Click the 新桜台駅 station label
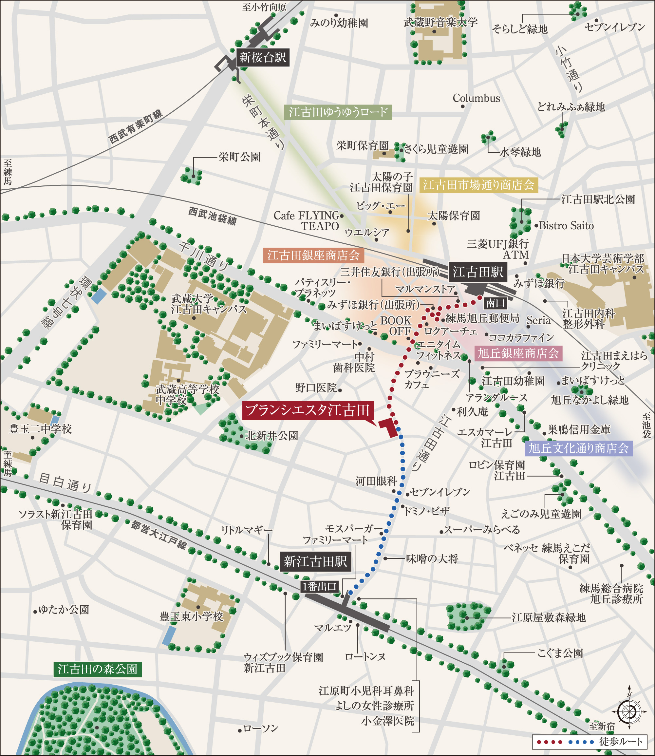(263, 57)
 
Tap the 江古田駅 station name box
(478, 272)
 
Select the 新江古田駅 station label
(315, 561)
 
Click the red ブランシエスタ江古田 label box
(308, 410)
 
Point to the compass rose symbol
(629, 711)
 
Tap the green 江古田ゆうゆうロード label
(338, 112)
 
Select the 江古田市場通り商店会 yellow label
(479, 185)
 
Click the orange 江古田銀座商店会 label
(313, 255)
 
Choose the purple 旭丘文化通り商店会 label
(579, 448)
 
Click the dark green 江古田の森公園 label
(98, 669)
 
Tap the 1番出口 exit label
(319, 587)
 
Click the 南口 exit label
(495, 303)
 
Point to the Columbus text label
(476, 98)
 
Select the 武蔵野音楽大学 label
(440, 23)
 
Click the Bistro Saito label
(566, 226)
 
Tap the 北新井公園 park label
(271, 436)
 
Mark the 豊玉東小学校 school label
(191, 617)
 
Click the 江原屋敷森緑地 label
(549, 618)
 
